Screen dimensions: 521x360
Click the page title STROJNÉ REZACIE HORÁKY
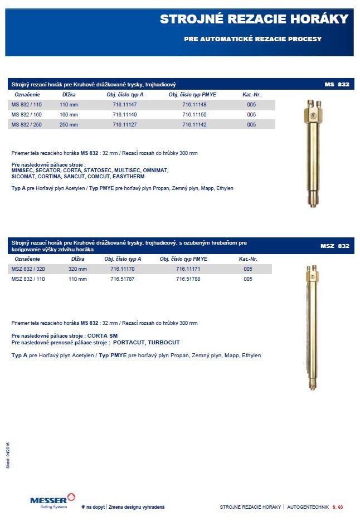[254, 20]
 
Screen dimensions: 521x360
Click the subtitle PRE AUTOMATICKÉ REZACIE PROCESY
[252, 40]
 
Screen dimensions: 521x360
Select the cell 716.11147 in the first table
[125, 105]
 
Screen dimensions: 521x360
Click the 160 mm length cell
[69, 115]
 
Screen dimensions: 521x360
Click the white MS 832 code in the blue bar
[337, 85]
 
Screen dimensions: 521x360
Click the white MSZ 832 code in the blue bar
[334, 246]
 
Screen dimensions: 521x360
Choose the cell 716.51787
[123, 279]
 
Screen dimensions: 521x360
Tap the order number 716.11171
[188, 269]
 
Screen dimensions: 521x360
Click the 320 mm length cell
[77, 269]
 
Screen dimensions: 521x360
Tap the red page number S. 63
[337, 507]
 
